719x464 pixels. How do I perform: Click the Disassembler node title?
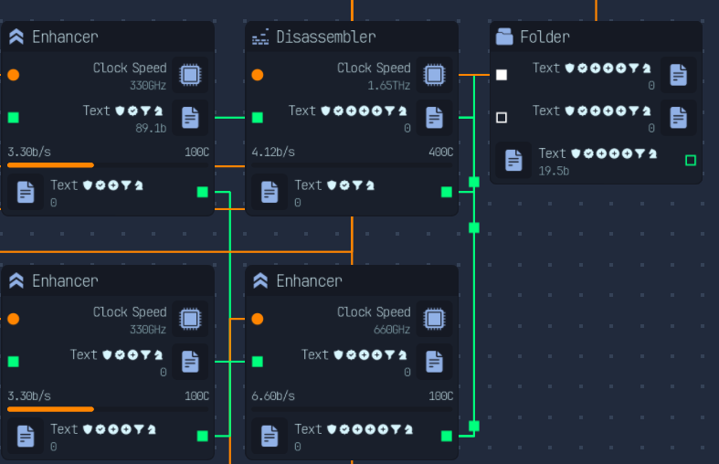[325, 37]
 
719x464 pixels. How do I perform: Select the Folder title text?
[545, 37]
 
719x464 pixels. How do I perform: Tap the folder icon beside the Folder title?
[504, 37]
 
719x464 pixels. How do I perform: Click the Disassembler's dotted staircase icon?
[260, 37]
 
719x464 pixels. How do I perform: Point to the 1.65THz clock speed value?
[389, 86]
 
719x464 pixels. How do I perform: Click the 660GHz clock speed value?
[392, 330]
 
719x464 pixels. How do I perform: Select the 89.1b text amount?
[151, 129]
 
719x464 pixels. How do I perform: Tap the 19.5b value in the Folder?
[554, 171]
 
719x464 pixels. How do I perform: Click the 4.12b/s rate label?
[273, 152]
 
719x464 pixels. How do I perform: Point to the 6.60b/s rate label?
[273, 395]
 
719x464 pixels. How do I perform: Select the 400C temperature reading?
[440, 152]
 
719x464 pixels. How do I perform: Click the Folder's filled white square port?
[502, 75]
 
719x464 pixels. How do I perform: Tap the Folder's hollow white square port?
[502, 118]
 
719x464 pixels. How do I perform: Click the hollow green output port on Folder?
[691, 161]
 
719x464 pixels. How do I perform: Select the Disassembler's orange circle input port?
[258, 75]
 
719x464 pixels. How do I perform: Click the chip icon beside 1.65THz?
[434, 75]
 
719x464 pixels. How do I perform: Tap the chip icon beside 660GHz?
[434, 319]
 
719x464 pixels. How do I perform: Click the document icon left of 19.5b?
[513, 160]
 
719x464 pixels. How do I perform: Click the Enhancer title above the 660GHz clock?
[309, 280]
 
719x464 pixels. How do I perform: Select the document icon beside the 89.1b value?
[190, 118]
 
